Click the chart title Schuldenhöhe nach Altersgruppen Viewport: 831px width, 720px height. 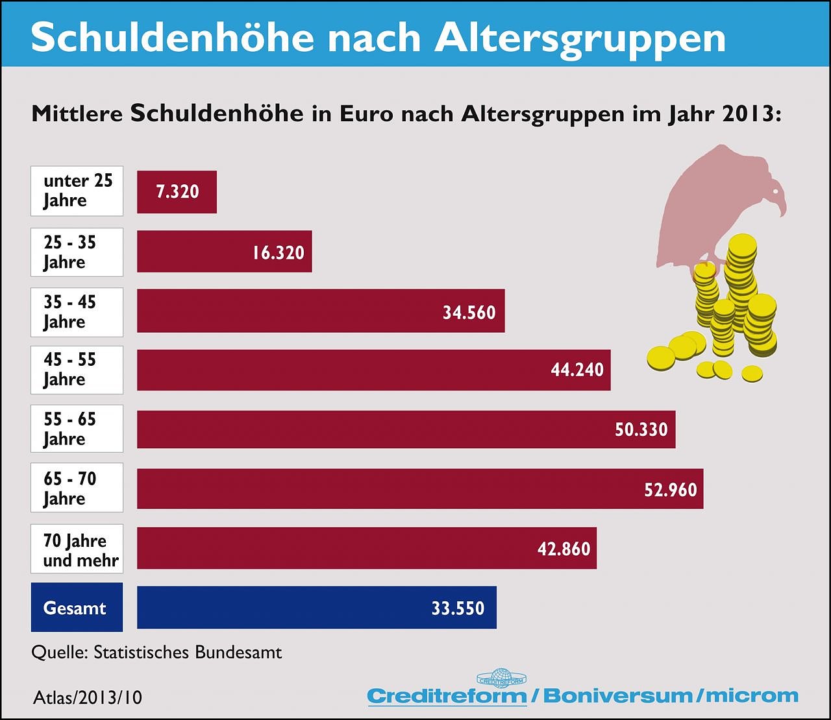click(378, 37)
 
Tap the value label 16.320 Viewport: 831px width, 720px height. click(278, 252)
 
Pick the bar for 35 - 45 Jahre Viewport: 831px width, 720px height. click(292, 311)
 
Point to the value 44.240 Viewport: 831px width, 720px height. click(577, 370)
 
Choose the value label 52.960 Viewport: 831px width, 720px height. click(670, 489)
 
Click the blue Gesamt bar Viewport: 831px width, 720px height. click(292, 608)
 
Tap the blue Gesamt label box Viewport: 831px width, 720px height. click(77, 608)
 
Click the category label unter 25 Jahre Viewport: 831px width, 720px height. click(77, 191)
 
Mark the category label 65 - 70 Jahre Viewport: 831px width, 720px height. click(77, 488)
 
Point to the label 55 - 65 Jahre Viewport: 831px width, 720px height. click(77, 429)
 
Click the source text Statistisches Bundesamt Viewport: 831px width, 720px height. click(188, 652)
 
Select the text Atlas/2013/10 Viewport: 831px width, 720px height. click(88, 698)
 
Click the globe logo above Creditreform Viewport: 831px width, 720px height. click(501, 678)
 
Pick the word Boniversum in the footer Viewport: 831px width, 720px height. click(617, 696)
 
